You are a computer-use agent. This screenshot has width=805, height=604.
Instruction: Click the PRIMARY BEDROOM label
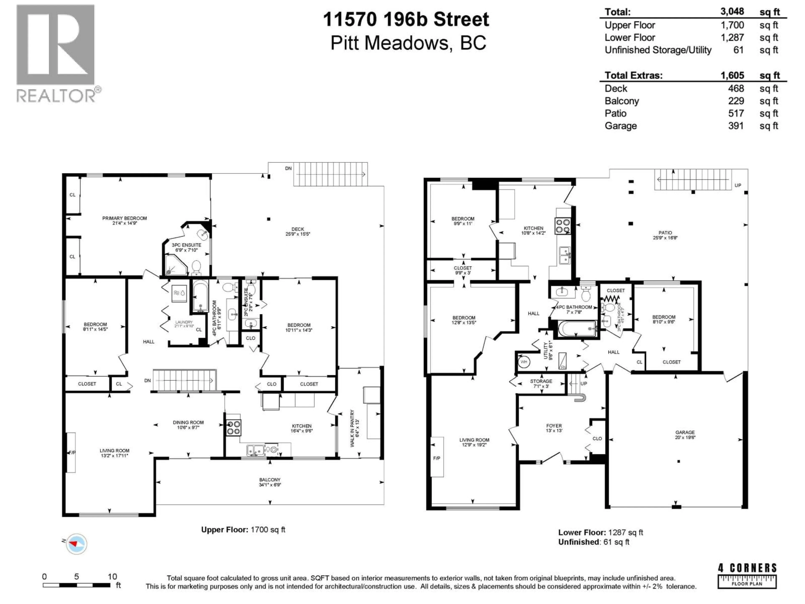pos(125,219)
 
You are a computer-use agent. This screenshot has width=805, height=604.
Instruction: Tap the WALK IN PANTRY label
pos(352,428)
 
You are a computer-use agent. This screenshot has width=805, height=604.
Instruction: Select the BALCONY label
pos(270,480)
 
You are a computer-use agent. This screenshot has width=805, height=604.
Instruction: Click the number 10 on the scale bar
pos(112,577)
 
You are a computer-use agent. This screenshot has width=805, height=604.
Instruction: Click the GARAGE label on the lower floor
pos(685,432)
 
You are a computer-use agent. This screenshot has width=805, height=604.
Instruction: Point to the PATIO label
pos(665,233)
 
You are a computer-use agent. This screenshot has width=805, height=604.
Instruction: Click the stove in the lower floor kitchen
pos(563,225)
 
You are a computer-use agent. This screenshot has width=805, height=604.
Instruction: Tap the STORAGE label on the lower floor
pos(541,381)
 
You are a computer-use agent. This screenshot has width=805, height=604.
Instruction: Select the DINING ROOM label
pos(188,423)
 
